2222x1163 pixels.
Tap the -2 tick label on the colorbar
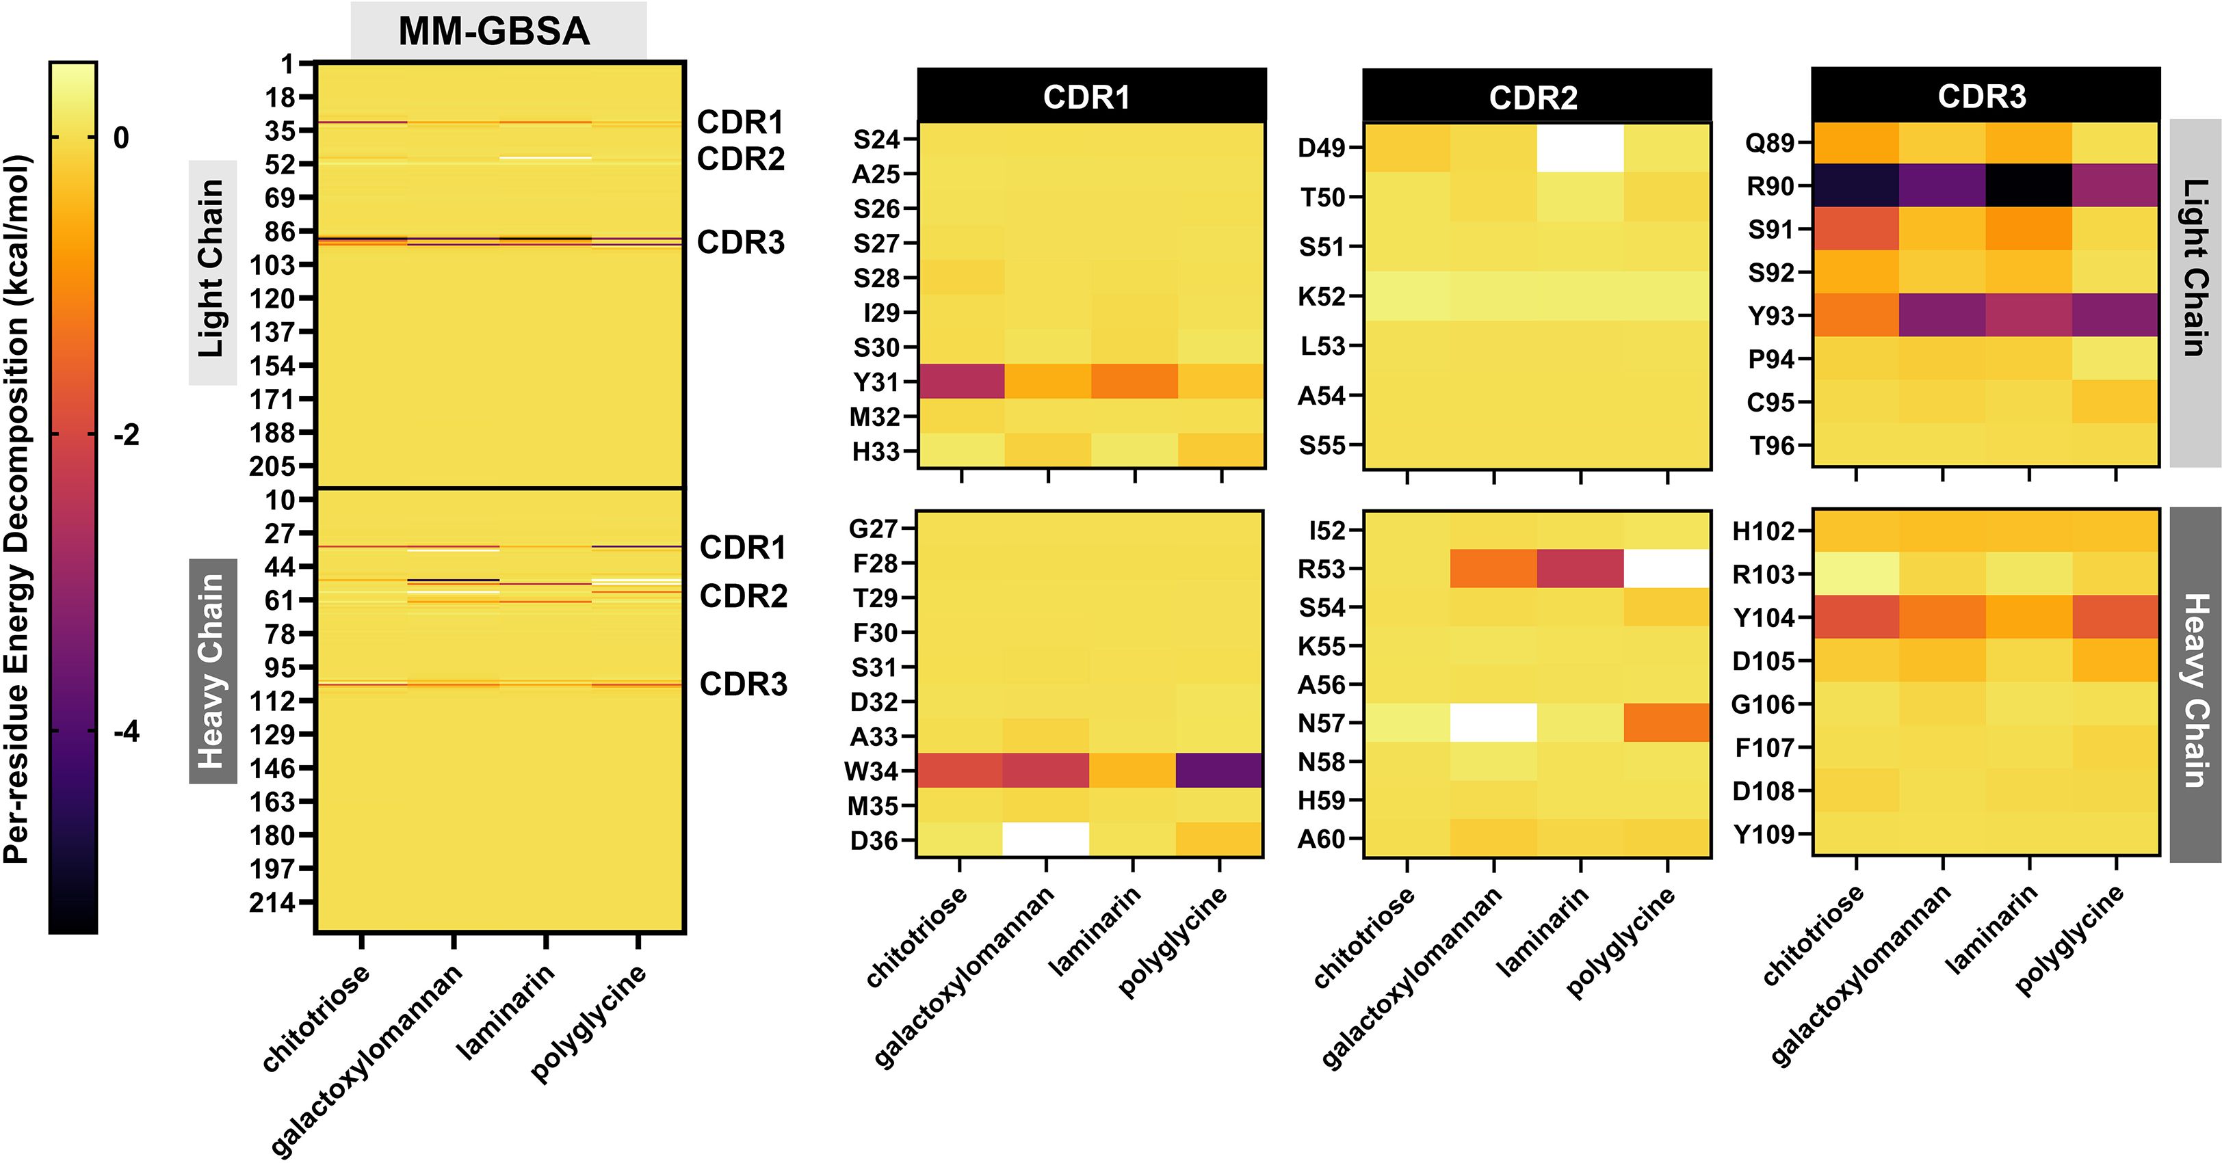[x=126, y=436]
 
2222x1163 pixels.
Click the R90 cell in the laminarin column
[x=2029, y=185]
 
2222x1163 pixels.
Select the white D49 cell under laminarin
[x=1580, y=148]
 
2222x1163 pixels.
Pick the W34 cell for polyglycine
[x=1219, y=770]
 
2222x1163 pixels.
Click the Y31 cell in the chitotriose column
[x=961, y=381]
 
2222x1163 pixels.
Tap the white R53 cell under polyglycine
[x=1666, y=568]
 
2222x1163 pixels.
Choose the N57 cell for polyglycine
[x=1666, y=723]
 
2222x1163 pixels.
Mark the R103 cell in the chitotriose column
[x=1855, y=574]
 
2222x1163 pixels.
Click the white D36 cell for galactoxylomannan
[x=1045, y=839]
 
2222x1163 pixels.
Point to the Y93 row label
[x=1771, y=317]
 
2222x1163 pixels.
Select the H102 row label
[x=1763, y=531]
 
